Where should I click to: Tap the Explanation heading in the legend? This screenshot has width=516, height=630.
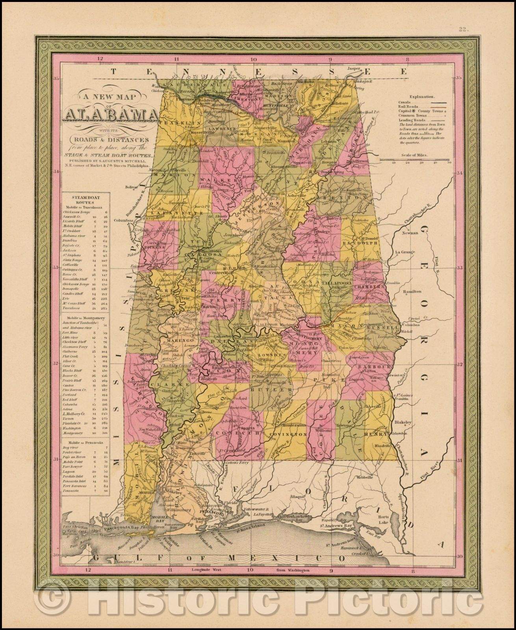click(421, 96)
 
